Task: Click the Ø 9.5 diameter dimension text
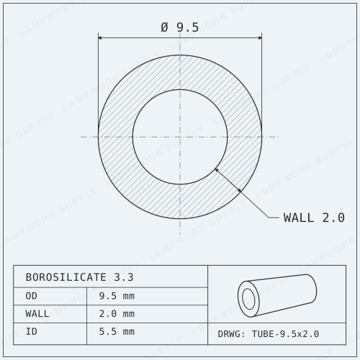coord(180,27)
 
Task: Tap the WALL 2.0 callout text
coord(314,217)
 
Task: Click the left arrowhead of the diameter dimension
coord(101,37)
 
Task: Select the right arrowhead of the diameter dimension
coord(259,37)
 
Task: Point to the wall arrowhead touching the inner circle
coord(216,170)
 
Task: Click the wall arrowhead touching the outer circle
coord(238,190)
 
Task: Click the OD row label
coord(32,296)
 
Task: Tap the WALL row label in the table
coord(37,314)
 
